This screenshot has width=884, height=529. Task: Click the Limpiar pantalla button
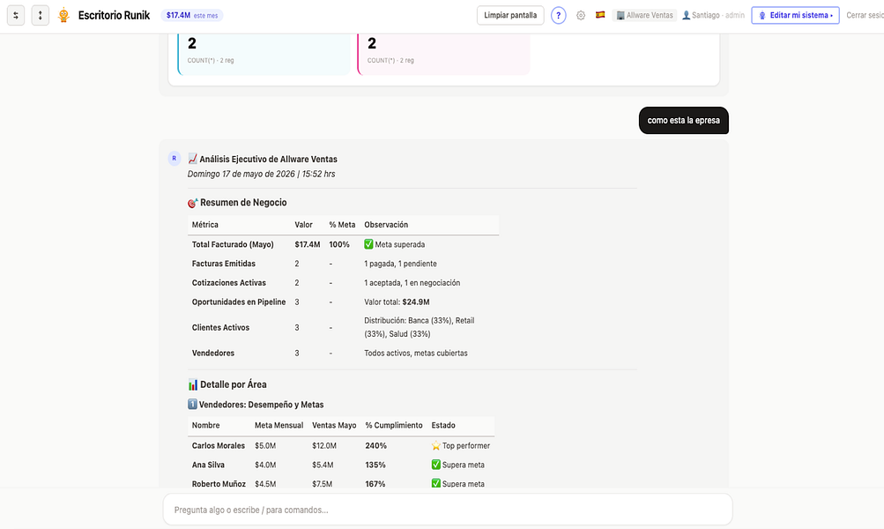click(x=510, y=15)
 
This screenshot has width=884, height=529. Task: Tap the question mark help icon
click(x=558, y=15)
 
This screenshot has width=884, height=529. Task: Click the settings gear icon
click(x=581, y=15)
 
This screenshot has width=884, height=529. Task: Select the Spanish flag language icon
click(x=600, y=15)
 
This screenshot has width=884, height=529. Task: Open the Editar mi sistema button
click(x=795, y=15)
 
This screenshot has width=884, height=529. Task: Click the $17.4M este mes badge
click(x=191, y=15)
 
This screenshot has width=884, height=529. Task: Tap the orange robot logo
click(x=63, y=15)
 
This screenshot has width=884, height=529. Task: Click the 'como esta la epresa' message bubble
click(x=683, y=120)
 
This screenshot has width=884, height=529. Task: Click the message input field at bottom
click(x=448, y=510)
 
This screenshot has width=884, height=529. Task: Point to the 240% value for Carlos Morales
click(x=375, y=445)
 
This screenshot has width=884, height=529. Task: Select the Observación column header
click(x=386, y=225)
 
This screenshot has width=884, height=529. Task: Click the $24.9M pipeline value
click(x=415, y=302)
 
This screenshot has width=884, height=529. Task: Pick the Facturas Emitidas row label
click(x=223, y=264)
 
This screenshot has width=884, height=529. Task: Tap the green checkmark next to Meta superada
click(x=368, y=244)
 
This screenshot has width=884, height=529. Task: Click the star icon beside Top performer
click(x=435, y=445)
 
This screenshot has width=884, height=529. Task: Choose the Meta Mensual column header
click(x=279, y=425)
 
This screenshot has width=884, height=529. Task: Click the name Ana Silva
click(x=208, y=465)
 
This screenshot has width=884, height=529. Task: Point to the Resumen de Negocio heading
click(x=243, y=203)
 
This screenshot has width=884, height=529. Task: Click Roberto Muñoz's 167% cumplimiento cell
click(x=375, y=484)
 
